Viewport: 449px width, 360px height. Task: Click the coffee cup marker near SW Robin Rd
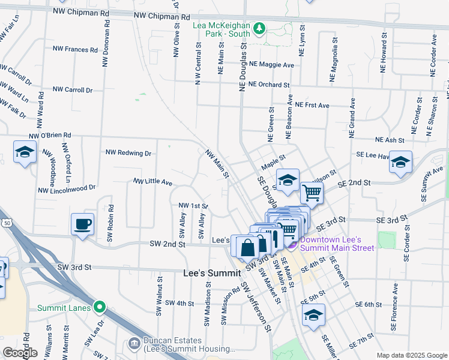[x=83, y=225]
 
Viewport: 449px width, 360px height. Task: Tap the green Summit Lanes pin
[x=101, y=308]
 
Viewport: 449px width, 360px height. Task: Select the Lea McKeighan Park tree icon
[x=259, y=29]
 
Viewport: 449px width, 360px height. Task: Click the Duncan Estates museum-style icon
[x=134, y=344]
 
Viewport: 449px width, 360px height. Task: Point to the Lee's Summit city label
[x=207, y=273]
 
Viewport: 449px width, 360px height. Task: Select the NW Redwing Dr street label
[x=128, y=153]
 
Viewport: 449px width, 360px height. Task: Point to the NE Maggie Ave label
[x=272, y=65]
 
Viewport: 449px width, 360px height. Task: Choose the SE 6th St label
[x=369, y=305]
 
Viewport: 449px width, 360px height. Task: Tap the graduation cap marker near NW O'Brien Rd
[x=25, y=152]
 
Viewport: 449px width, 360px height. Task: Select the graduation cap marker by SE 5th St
[x=313, y=315]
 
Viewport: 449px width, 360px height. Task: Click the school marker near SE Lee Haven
[x=400, y=163]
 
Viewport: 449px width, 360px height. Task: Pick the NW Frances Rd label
[x=75, y=50]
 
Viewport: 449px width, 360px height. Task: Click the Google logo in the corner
[x=20, y=353]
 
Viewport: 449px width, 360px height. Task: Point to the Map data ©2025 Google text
[x=411, y=355]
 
